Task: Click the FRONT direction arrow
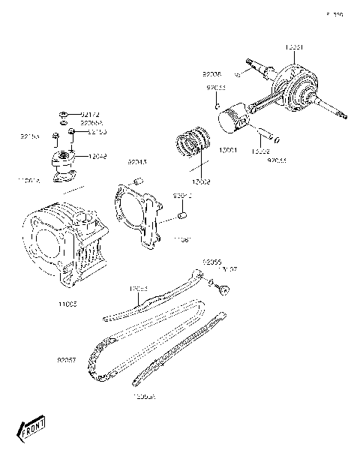(x=31, y=430)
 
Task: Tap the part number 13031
(x=294, y=47)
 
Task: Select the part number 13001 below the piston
(x=227, y=150)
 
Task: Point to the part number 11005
(x=67, y=303)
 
